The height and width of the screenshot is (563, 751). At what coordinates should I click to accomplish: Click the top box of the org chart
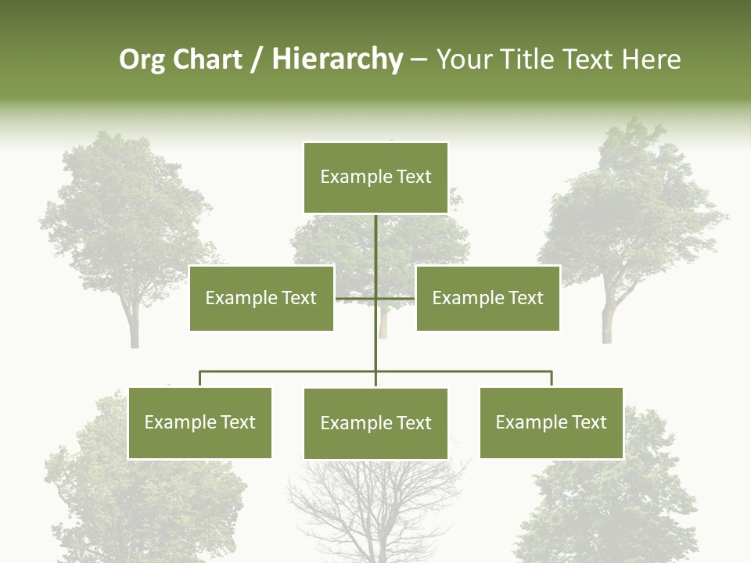pos(375,178)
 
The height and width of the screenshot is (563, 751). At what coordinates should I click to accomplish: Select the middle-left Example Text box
pos(261,298)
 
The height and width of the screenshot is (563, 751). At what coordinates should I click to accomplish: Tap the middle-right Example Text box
pos(487,298)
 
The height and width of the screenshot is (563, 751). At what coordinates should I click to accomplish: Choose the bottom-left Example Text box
pos(200,422)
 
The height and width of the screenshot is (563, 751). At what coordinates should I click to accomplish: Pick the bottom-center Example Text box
pos(375,423)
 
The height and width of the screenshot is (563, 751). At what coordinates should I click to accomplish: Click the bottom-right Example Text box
pos(551,422)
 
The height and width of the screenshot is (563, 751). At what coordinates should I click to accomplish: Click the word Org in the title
pos(142,60)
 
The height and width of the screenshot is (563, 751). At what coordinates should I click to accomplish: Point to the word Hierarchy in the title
pos(337,60)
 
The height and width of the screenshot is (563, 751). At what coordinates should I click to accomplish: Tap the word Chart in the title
pos(207,59)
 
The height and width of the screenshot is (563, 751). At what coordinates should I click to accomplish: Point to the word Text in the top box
pos(414,177)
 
